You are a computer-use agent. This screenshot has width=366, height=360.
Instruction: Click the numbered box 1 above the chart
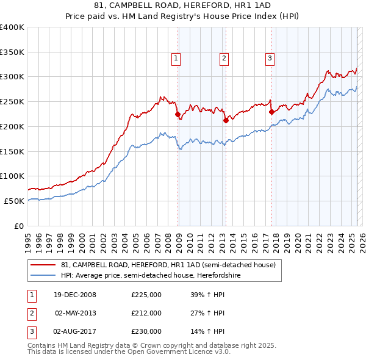[176, 59]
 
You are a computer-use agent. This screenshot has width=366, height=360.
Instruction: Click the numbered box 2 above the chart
[224, 59]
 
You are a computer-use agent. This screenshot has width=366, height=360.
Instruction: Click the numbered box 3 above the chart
[269, 59]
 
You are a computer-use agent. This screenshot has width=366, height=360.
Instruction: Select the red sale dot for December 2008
[178, 114]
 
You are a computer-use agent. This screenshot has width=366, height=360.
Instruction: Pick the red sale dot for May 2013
[225, 120]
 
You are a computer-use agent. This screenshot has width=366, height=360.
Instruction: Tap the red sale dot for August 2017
[271, 112]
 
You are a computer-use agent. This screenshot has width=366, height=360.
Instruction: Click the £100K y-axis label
[12, 176]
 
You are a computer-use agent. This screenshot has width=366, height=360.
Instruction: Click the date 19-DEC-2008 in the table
[75, 295]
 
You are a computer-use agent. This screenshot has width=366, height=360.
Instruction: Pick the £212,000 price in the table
[146, 313]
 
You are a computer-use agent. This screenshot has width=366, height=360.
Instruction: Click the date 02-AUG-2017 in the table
[75, 331]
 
